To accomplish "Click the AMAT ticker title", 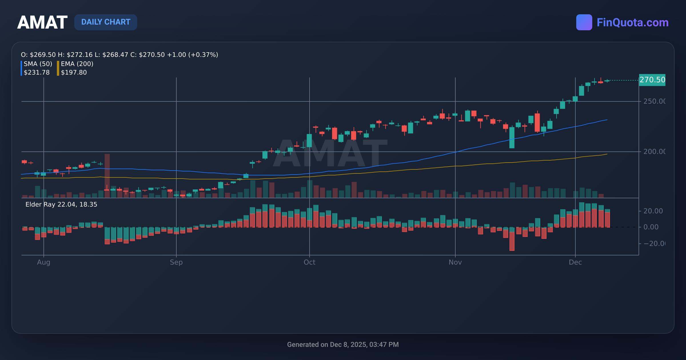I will point(42,22).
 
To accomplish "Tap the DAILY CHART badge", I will point(106,22).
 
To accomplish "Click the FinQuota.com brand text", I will point(632,23).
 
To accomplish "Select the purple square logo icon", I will point(584,22).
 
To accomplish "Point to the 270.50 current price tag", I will point(652,80).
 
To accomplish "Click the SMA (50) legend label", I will point(38,64).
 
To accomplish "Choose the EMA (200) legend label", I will point(77,64).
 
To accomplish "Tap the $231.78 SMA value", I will point(37,73).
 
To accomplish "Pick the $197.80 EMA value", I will point(74,73).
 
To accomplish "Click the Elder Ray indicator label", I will point(61,205).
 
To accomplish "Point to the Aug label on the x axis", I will point(43,262).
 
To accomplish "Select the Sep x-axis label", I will point(176,262).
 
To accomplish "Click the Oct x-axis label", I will point(309,262).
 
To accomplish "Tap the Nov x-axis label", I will point(455,262).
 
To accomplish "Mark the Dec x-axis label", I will point(575,262).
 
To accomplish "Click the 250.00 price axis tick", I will point(654,101).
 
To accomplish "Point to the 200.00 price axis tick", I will point(654,152).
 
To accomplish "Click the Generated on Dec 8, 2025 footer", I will point(343,345).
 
